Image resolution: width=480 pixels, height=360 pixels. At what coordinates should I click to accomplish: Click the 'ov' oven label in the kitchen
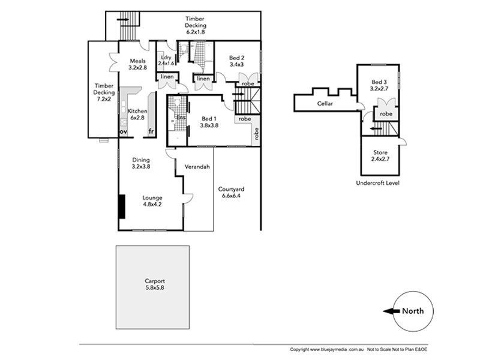coord(123,131)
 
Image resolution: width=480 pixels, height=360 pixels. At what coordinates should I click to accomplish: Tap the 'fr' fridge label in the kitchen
coord(152,131)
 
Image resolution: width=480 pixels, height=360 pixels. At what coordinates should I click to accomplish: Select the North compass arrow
coord(392,311)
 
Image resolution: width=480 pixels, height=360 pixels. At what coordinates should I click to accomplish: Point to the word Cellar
coord(325,104)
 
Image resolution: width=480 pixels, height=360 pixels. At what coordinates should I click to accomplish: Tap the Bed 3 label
coord(379,82)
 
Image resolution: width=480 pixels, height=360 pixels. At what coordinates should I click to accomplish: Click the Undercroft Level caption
coord(378,182)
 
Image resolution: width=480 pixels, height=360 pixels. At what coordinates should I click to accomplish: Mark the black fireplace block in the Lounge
coord(121,207)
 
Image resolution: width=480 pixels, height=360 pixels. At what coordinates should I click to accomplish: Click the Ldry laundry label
coord(166,58)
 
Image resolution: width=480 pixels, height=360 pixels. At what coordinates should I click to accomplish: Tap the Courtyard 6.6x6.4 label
coord(233,192)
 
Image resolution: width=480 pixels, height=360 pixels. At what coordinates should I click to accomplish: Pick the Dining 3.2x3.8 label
coord(141,163)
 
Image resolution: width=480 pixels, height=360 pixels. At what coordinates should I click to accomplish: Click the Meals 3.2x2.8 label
coord(138,64)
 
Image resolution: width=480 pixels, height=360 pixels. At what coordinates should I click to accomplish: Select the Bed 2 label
coord(236,61)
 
